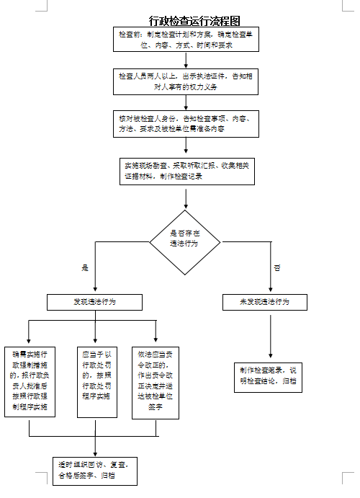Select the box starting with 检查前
pyautogui.click(x=185, y=39)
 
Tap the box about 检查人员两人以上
pyautogui.click(x=185, y=81)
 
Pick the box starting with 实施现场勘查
pyautogui.click(x=185, y=171)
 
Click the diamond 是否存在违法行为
pyautogui.click(x=185, y=242)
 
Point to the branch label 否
pyautogui.click(x=277, y=267)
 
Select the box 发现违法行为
pyautogui.click(x=94, y=302)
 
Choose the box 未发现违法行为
pyautogui.click(x=264, y=302)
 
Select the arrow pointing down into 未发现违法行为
pyautogui.click(x=270, y=277)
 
